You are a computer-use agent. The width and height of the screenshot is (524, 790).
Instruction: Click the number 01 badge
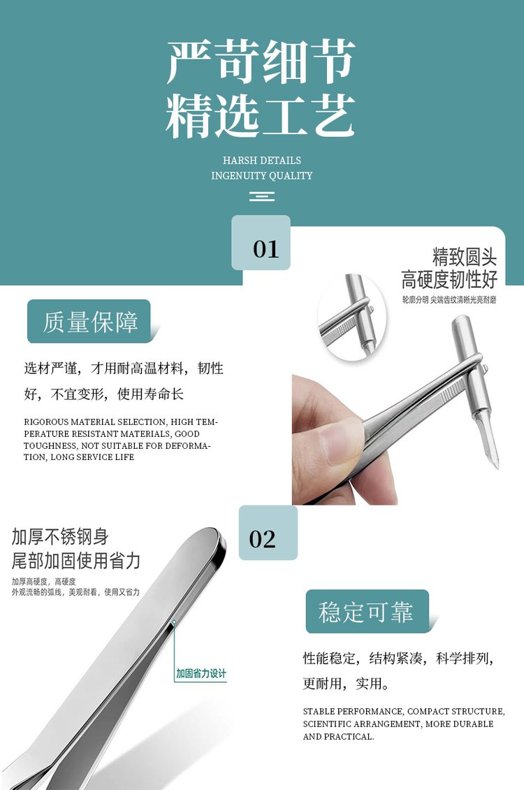261,243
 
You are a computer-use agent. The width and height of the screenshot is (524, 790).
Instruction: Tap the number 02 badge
268,533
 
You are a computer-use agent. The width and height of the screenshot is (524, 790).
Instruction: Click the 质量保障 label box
89,322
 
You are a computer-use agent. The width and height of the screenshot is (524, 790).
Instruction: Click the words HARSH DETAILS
262,161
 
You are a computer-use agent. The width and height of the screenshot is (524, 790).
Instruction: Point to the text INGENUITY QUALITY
262,176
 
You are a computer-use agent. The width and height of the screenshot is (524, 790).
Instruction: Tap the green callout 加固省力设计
201,674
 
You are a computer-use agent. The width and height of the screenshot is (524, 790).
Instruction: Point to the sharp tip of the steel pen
497,468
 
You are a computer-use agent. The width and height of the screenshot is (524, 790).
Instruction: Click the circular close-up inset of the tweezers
352,317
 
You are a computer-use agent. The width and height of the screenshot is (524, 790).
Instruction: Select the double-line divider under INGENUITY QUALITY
262,196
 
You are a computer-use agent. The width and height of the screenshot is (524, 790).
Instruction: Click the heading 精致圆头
464,257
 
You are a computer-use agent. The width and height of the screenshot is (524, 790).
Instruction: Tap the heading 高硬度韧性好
449,279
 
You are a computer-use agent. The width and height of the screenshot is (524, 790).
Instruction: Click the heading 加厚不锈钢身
60,537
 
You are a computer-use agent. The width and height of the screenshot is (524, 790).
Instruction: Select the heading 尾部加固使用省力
76,561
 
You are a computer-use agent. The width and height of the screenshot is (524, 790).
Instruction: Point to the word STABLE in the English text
319,712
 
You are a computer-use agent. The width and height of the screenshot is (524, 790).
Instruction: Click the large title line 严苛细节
261,62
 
